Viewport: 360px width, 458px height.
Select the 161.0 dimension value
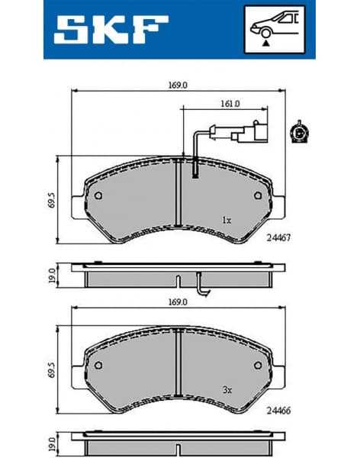tap(231, 103)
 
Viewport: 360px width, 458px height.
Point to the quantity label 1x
tap(227, 219)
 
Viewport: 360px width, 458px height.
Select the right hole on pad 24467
tap(254, 195)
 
